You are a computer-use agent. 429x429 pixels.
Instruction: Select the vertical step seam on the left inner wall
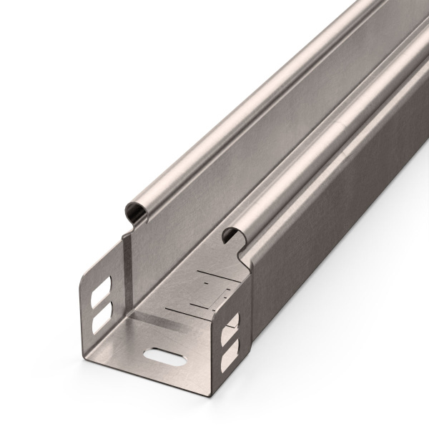point(126,272)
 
